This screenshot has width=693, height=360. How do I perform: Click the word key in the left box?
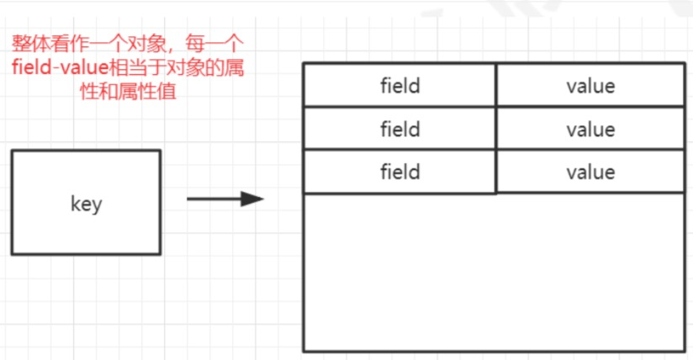(x=86, y=204)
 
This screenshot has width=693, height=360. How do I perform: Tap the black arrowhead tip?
(x=262, y=199)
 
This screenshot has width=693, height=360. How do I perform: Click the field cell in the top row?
(x=399, y=86)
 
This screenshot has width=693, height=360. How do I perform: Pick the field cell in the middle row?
(x=399, y=130)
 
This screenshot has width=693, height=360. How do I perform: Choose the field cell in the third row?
(x=399, y=172)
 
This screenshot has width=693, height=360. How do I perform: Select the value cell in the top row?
(x=590, y=86)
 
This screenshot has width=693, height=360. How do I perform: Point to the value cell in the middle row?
(x=590, y=130)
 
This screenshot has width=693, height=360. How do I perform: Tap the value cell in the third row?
(x=590, y=172)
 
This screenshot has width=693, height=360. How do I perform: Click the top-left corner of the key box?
(x=13, y=151)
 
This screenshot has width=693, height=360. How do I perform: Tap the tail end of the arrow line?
(x=188, y=199)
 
